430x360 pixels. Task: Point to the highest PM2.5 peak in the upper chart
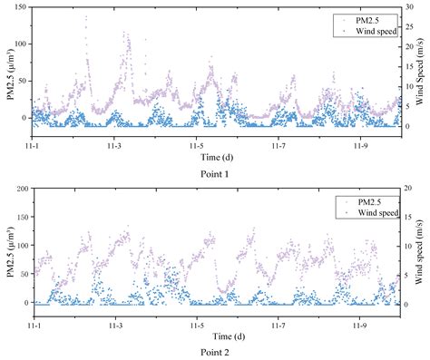tap(86, 16)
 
